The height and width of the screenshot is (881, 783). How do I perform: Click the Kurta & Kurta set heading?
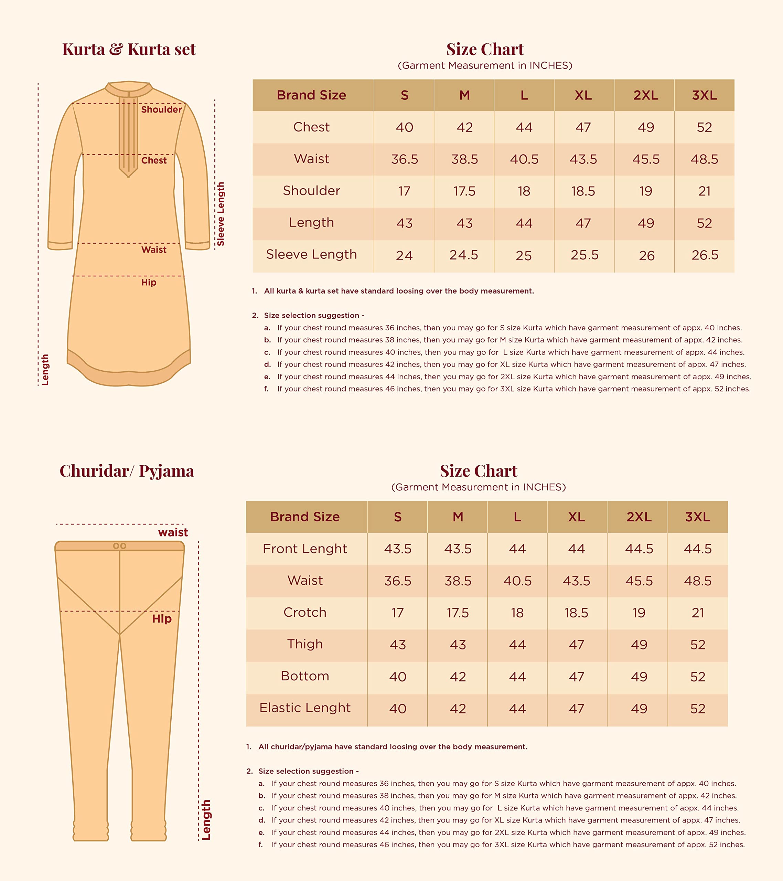coord(129,50)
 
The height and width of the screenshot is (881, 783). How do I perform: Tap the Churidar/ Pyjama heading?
coord(127,471)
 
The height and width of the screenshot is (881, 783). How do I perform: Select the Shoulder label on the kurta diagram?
coord(161,109)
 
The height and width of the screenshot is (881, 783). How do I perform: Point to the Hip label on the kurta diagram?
coord(149,282)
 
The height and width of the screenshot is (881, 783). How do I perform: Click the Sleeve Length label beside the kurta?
coord(221,214)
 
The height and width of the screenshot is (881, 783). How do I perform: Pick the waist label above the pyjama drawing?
coord(173,532)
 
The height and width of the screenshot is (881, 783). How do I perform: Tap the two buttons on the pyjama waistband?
coord(119,546)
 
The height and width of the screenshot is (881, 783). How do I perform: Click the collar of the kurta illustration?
coord(128,88)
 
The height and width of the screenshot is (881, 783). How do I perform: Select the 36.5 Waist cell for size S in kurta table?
coord(404,159)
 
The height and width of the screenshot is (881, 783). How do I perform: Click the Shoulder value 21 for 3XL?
coord(704,191)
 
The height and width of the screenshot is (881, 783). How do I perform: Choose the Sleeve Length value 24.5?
coord(464,255)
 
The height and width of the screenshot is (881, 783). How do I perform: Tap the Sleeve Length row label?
coord(311,254)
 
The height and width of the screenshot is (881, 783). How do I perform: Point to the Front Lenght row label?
coord(305,549)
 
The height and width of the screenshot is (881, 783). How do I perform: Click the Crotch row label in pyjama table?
coord(305,613)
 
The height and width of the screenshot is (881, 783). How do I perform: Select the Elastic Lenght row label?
coord(305,708)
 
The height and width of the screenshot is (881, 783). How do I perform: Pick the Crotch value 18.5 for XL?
coord(576,613)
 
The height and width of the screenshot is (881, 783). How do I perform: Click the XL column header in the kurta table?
coord(583,95)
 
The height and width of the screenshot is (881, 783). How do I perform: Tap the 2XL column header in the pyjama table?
coord(639,517)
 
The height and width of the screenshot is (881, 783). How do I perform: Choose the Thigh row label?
coord(305,644)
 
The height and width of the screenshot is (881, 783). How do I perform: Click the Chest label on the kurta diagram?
coord(153,160)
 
